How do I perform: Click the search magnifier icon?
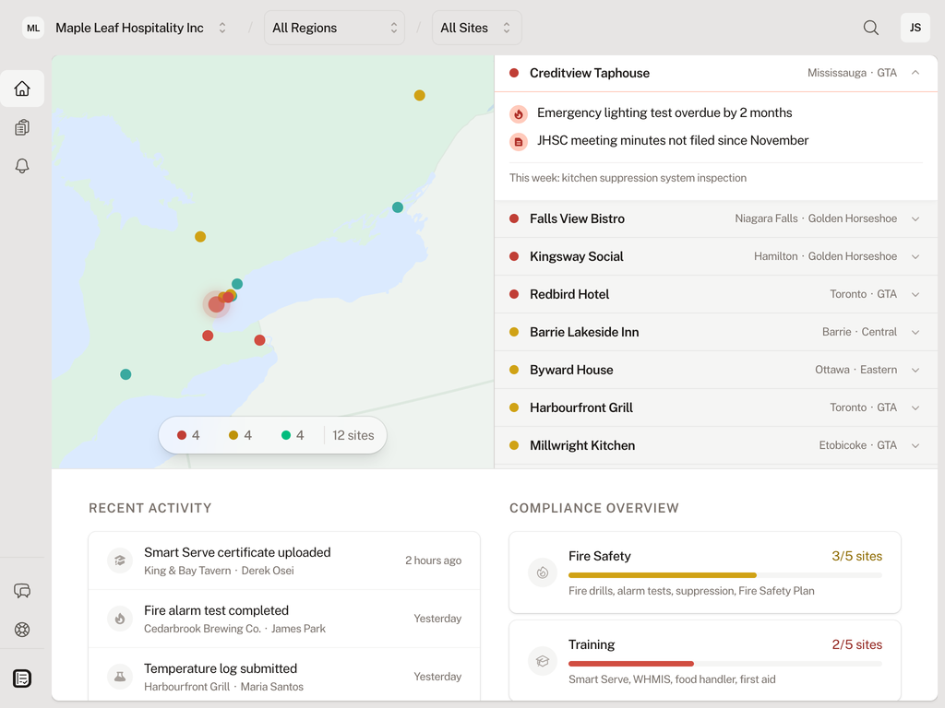tap(870, 28)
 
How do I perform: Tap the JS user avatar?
tap(915, 28)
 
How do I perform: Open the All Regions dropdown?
tap(334, 28)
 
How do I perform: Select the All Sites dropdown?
tap(476, 28)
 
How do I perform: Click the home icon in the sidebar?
tap(22, 88)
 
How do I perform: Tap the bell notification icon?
tap(22, 166)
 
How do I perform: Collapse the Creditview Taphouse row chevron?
tap(915, 73)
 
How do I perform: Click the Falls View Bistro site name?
tap(577, 218)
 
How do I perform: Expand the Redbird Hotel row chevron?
tap(915, 294)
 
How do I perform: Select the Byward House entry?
tap(571, 370)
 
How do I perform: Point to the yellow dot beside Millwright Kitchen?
tap(514, 445)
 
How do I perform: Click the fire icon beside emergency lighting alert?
tap(519, 113)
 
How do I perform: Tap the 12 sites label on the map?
tap(353, 435)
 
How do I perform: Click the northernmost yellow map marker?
tap(419, 95)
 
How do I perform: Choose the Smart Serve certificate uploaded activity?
tap(237, 552)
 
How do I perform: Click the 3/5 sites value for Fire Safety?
tap(856, 556)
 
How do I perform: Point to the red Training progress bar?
tap(631, 664)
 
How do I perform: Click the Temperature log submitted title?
tap(221, 668)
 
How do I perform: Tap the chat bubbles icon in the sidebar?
tap(22, 591)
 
